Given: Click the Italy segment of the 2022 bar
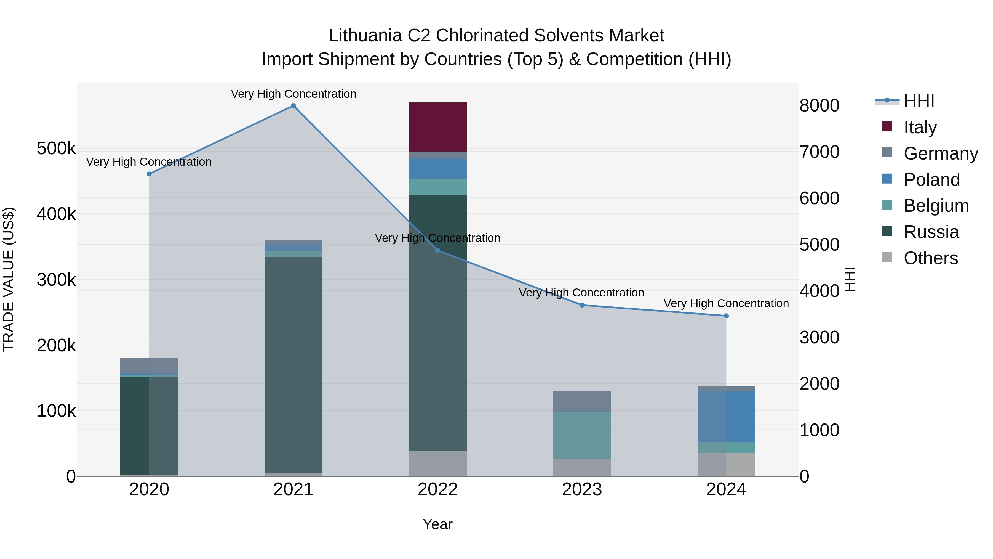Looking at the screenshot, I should pos(437,127).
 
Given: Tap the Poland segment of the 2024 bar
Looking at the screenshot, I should pos(726,416).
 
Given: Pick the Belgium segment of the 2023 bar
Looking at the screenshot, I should pos(582,435).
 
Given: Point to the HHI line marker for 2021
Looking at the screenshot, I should pos(293,106).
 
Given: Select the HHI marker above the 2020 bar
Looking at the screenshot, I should pos(149,174).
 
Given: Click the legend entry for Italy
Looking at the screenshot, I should pos(920,127).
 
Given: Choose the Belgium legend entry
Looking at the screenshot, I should pos(936,206).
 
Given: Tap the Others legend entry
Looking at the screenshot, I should pos(931,258).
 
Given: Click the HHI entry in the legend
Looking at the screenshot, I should pos(919,101).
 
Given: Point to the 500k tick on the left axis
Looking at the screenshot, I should pos(56,149).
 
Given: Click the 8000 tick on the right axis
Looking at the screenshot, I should pos(819,105).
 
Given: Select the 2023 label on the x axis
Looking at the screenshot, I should pos(582,489).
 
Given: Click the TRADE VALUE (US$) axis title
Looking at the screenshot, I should pos(9,279).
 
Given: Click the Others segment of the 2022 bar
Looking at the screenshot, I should pos(437,463).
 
